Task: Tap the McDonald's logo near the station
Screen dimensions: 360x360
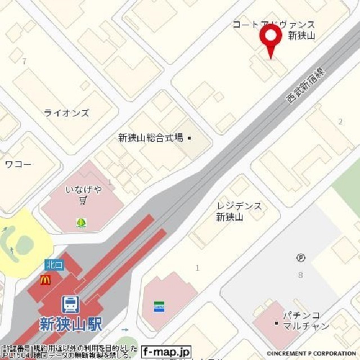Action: [46, 280]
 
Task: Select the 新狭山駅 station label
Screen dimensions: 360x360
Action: [71, 325]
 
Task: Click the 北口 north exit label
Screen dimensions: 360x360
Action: [55, 264]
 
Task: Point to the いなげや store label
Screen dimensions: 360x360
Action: [84, 190]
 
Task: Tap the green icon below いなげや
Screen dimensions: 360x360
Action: [82, 223]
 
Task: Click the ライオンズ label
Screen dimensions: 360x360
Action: [66, 113]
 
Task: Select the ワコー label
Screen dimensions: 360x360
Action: [18, 164]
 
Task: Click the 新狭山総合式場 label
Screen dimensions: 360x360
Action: [151, 137]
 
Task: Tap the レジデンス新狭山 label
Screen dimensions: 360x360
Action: [238, 211]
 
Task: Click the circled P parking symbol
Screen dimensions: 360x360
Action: [301, 258]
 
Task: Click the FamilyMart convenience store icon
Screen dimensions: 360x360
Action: [159, 307]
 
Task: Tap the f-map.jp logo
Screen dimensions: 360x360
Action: [166, 352]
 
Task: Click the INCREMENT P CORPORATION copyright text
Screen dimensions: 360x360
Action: [313, 354]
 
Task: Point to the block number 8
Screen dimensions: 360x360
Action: [300, 275]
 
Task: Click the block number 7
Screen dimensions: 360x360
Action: [24, 61]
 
